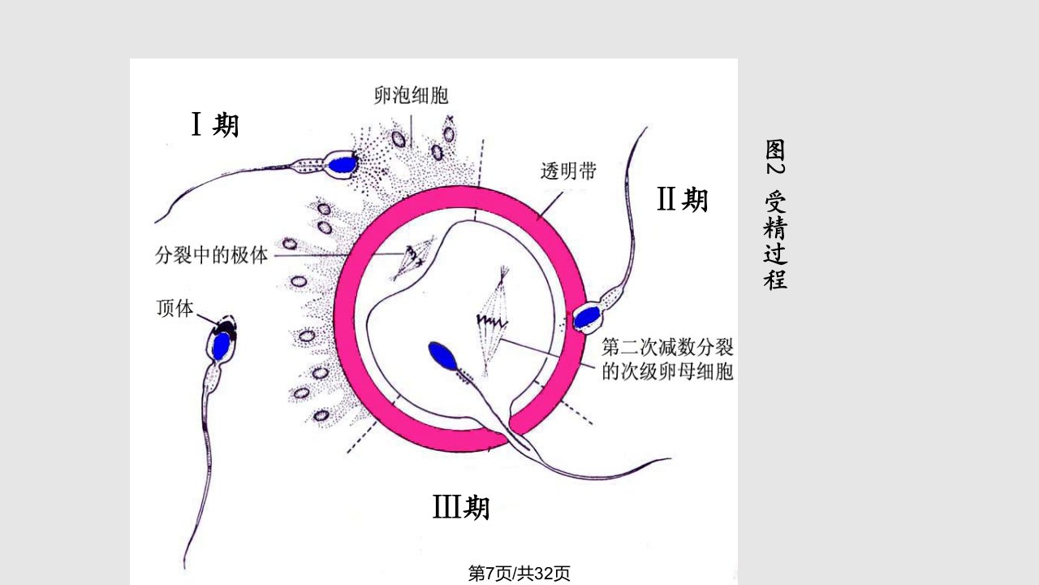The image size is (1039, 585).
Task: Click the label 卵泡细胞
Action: pos(411,95)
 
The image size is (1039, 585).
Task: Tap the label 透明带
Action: pos(568,171)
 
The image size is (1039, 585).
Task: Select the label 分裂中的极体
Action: pos(212,255)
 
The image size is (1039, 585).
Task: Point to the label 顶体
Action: pos(175,308)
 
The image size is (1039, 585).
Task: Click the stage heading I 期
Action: pos(215,124)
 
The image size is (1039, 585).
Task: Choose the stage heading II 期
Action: pos(683,199)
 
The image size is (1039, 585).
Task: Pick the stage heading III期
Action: pos(461,507)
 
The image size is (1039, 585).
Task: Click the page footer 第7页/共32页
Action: pos(519,574)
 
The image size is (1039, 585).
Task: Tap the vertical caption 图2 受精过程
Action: pos(775,214)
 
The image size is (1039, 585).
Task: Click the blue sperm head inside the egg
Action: pos(442,356)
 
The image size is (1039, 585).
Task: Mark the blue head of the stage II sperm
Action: pos(587,317)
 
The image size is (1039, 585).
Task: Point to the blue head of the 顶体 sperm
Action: pos(222,346)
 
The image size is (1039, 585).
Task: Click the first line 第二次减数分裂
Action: pos(667,347)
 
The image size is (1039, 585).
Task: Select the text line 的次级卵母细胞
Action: pos(667,372)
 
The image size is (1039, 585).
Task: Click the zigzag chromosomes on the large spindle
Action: pos(492,320)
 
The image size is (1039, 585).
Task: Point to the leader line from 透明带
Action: pos(550,205)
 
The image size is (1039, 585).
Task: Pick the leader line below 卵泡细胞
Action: pos(411,132)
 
